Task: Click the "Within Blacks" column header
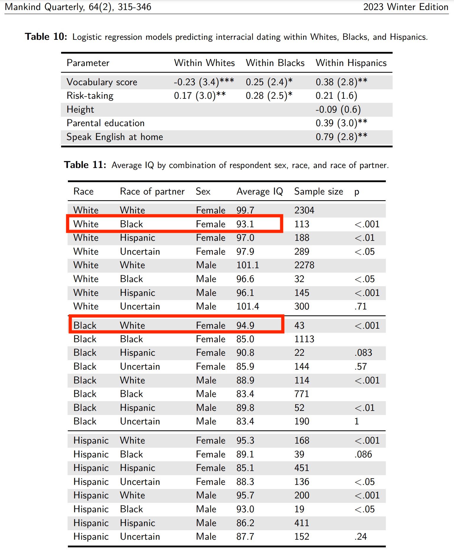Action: tap(275, 63)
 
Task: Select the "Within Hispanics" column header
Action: tap(351, 63)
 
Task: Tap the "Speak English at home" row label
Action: tap(115, 137)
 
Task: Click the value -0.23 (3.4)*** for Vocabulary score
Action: tap(204, 82)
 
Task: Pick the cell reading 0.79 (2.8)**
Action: tap(341, 137)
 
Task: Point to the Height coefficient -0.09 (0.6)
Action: tap(338, 110)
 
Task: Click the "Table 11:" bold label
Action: tap(85, 165)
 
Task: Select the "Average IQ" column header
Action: tap(259, 192)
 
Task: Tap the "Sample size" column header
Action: tap(319, 192)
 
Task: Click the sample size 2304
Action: tap(304, 210)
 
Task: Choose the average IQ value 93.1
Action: tap(245, 224)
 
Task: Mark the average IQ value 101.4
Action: tap(247, 307)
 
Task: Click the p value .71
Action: tap(360, 307)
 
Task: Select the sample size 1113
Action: tap(304, 339)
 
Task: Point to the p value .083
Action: tap(363, 353)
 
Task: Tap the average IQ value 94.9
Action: tap(245, 325)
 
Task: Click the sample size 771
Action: tap(301, 394)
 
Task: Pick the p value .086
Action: tap(363, 455)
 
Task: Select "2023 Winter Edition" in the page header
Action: tap(406, 7)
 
